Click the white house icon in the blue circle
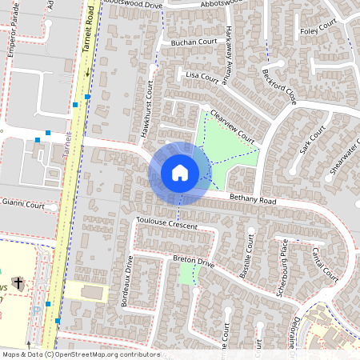[179, 172]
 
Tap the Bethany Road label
[252, 198]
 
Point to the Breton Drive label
[194, 261]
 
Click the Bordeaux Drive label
[126, 282]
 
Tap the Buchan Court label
[194, 41]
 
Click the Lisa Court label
[202, 76]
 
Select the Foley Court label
[319, 31]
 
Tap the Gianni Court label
[23, 205]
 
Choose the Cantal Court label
[325, 263]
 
